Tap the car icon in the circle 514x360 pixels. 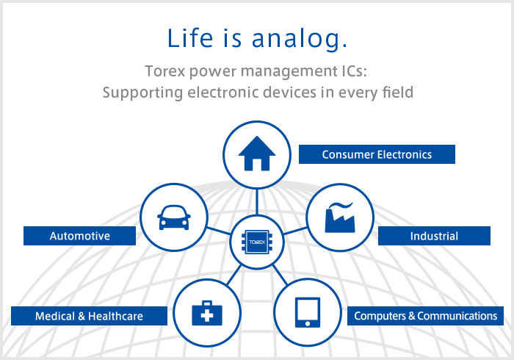(174, 218)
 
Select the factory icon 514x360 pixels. (340, 217)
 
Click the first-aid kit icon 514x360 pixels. (206, 313)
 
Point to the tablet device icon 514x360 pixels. (307, 312)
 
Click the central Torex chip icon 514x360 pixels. (257, 241)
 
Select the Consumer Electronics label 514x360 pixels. (377, 154)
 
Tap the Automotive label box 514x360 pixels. (79, 236)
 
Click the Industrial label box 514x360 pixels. (433, 236)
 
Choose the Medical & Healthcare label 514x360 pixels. (89, 316)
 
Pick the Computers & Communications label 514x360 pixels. (425, 316)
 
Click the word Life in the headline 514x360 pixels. (187, 38)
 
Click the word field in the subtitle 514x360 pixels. (397, 93)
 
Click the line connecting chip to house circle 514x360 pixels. (257, 201)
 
